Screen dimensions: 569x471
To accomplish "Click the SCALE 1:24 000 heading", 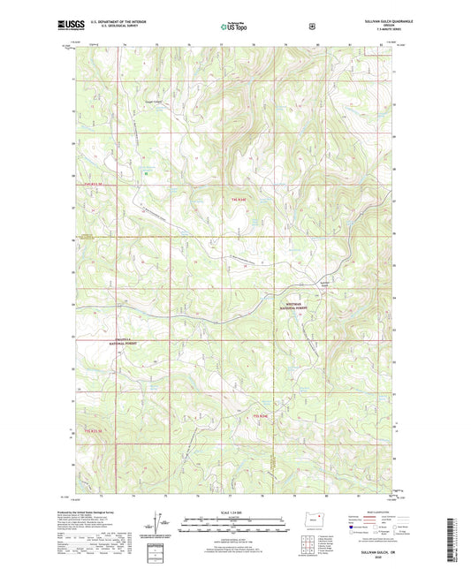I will pos(235,512).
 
